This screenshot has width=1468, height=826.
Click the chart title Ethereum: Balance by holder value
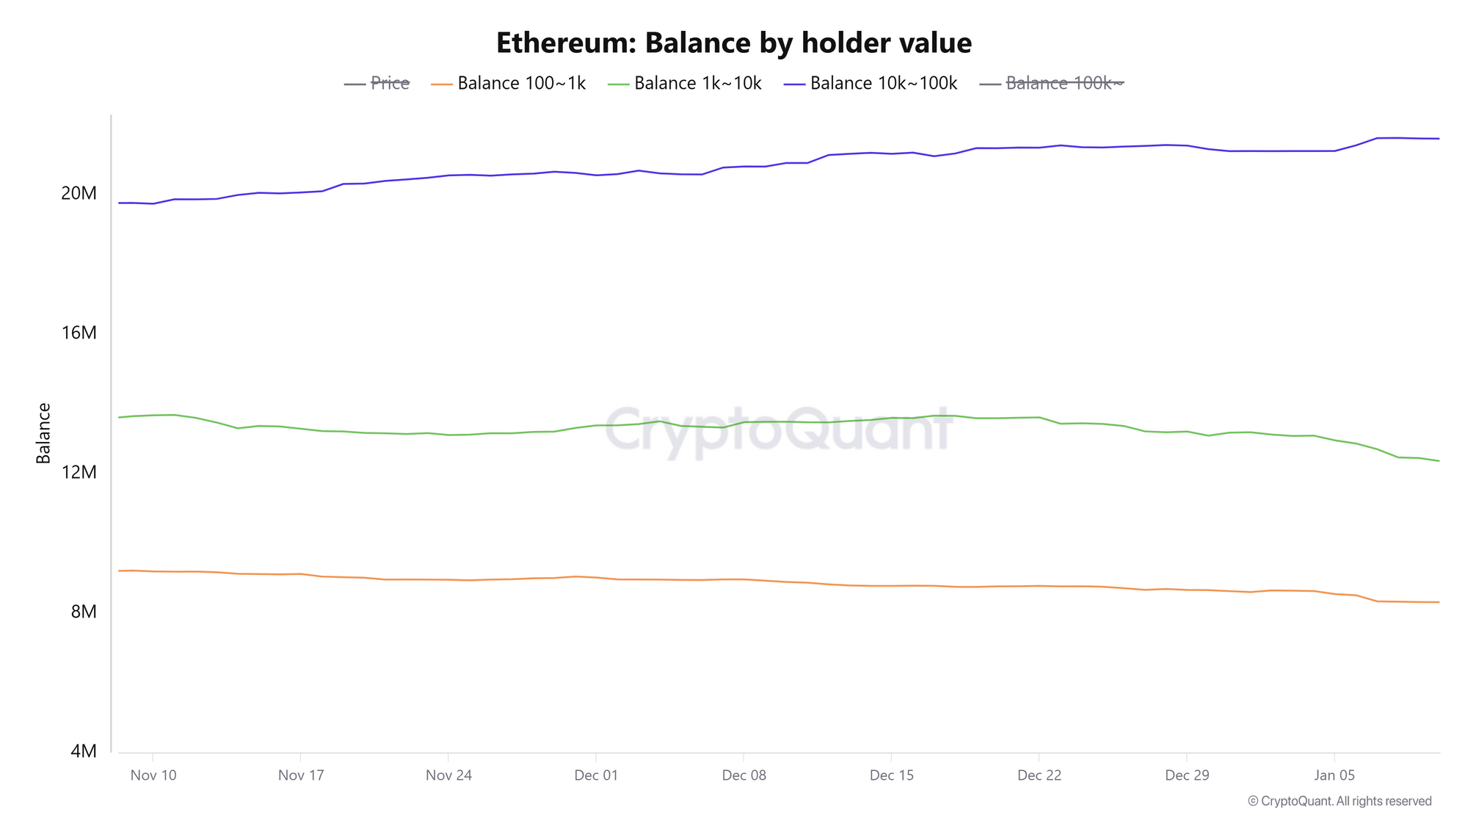click(x=733, y=43)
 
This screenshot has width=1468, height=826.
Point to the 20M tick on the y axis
click(x=79, y=194)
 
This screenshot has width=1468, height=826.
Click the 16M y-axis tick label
click(x=79, y=333)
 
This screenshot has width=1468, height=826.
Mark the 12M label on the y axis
click(x=79, y=472)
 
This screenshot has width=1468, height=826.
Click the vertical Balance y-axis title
click(x=44, y=433)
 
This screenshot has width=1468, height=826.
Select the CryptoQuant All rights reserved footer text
click(x=1340, y=802)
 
